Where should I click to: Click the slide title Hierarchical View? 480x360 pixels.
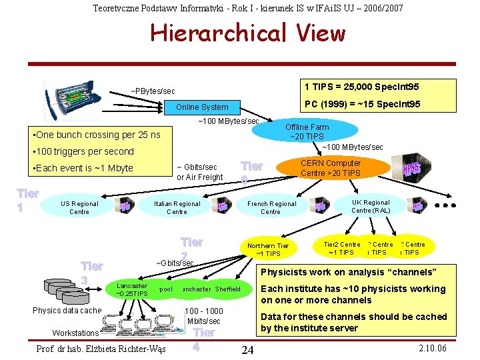pos(248,33)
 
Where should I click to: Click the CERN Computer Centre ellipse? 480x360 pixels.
pos(330,168)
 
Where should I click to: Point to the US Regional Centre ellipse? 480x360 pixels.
pos(79,208)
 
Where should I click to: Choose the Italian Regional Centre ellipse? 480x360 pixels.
pos(177,208)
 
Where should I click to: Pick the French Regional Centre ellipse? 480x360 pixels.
pos(271,208)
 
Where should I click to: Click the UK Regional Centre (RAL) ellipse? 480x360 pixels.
pos(371,207)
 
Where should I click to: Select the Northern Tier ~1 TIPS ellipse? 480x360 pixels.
pos(268,249)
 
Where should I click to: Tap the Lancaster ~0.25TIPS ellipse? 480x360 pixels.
pos(131,290)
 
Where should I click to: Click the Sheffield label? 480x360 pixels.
pos(228,289)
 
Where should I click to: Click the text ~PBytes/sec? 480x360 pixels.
pos(153,91)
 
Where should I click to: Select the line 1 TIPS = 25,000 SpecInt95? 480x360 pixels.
pos(362,87)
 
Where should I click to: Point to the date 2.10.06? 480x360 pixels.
pos(432,349)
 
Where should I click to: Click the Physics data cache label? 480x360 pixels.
pos(67,311)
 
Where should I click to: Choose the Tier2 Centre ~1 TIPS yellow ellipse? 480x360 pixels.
pos(341,249)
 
